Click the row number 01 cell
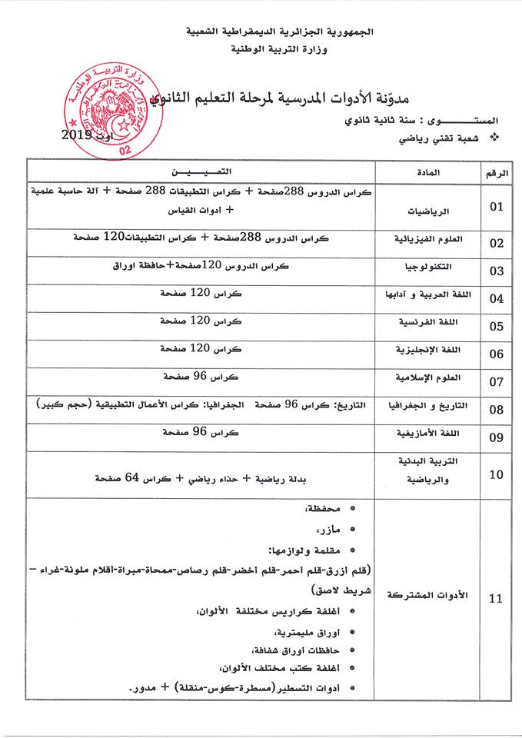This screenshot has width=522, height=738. coord(496,206)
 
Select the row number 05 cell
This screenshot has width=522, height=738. coord(496,326)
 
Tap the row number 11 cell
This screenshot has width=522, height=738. coord(496,599)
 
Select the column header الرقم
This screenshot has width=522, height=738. coord(496,172)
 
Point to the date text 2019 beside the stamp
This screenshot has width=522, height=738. coord(77,136)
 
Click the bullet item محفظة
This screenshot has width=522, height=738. coord(324,510)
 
